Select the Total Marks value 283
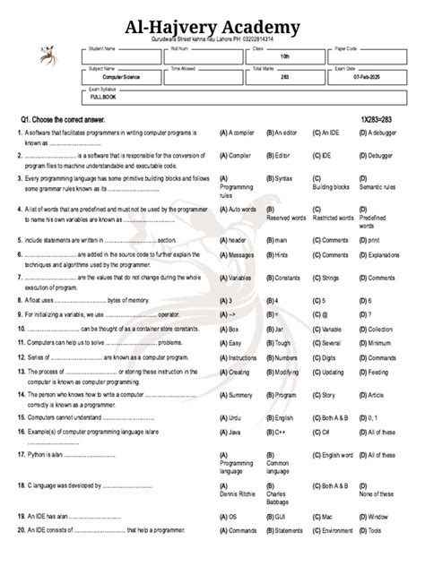tap(284, 78)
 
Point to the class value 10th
tap(285, 56)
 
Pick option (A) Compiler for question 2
tap(234, 155)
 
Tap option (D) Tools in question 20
tap(369, 530)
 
